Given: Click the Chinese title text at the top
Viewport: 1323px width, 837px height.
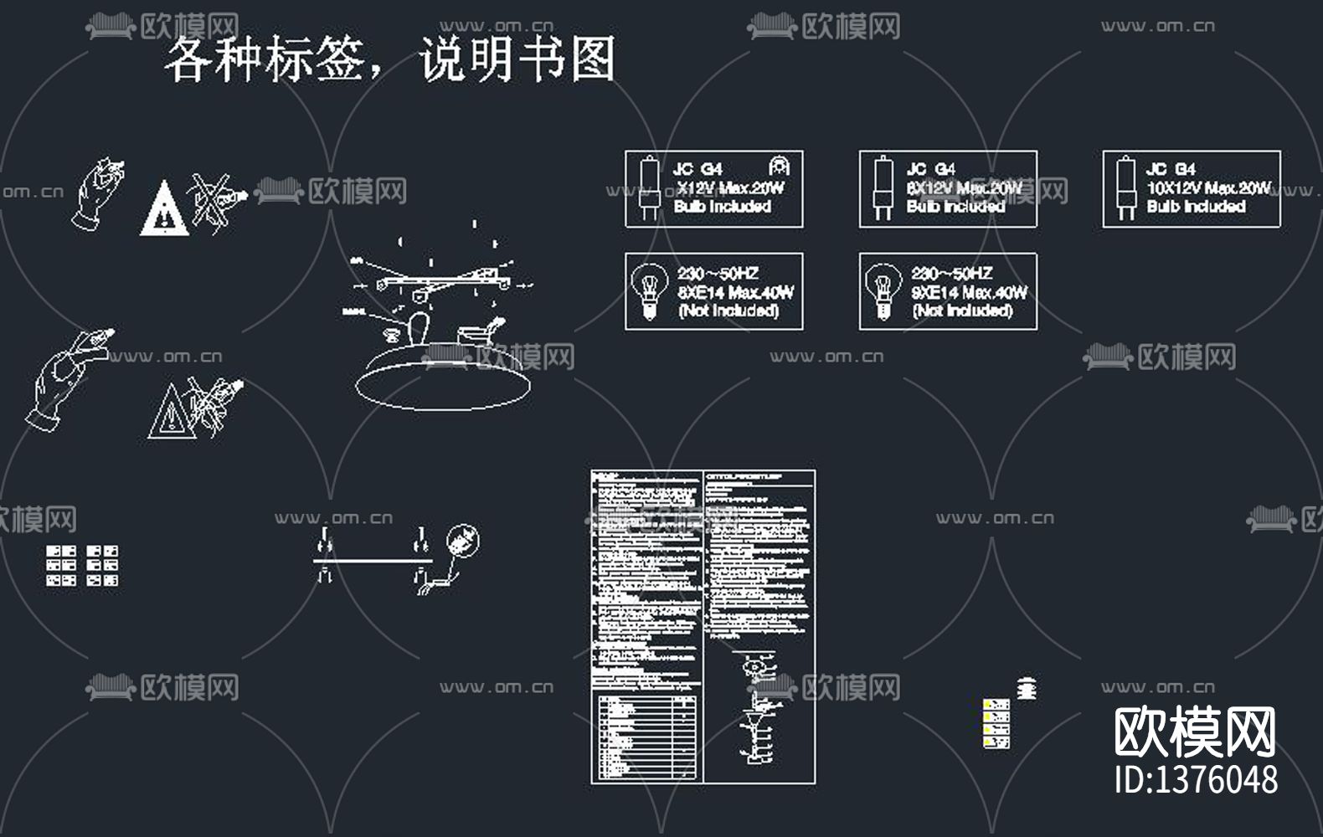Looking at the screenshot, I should [x=390, y=59].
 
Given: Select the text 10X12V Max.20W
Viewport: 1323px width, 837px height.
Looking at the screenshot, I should [x=1208, y=187].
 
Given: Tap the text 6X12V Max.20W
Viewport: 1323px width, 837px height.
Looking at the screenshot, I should [x=964, y=187].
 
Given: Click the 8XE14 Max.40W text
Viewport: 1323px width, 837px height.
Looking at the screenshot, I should [x=735, y=292].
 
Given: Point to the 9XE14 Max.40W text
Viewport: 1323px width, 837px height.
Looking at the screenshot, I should [x=969, y=292].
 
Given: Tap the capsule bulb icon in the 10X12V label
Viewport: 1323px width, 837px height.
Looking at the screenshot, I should [x=1125, y=188].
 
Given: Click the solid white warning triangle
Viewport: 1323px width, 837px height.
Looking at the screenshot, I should [x=164, y=209].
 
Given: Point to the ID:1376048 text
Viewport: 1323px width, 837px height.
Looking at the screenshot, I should [x=1196, y=779].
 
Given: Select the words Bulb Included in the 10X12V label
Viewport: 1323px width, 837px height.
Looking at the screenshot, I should [x=1196, y=207].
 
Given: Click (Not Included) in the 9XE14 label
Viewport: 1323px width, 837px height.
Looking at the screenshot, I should [x=962, y=311].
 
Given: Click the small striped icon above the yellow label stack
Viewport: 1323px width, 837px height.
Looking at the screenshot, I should [x=1027, y=688].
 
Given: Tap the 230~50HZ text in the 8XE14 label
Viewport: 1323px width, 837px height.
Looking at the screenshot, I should [x=718, y=274].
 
